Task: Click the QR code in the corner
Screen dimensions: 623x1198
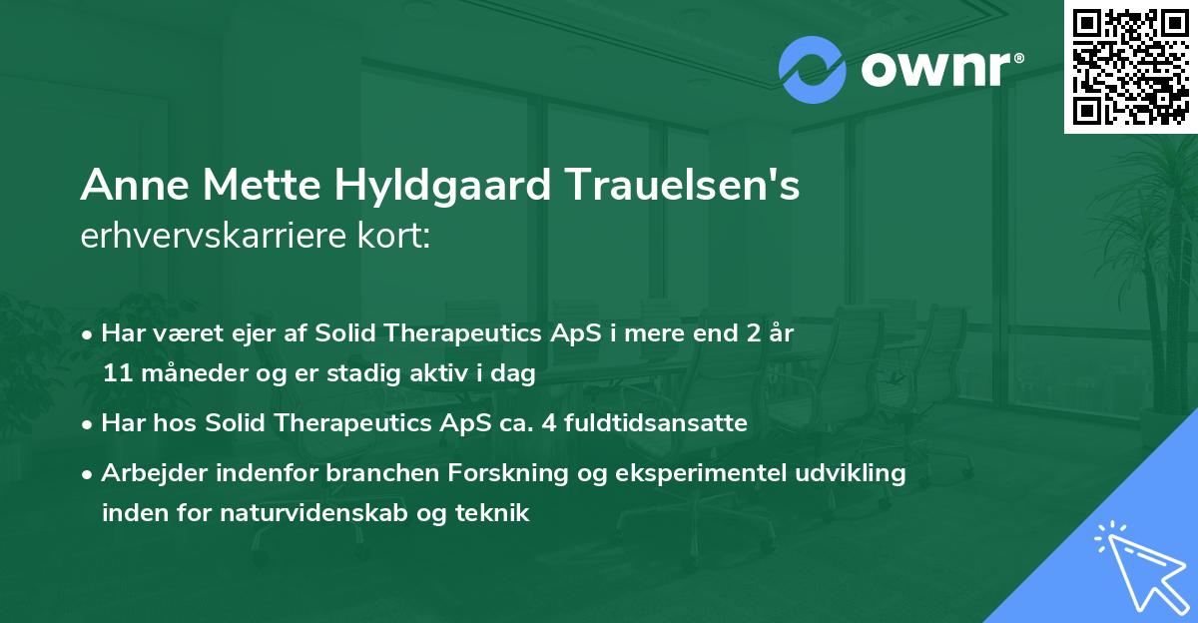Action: [x=1130, y=67]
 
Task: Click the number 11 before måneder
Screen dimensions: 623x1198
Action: [x=116, y=374]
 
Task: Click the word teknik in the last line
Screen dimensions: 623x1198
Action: [x=496, y=514]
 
